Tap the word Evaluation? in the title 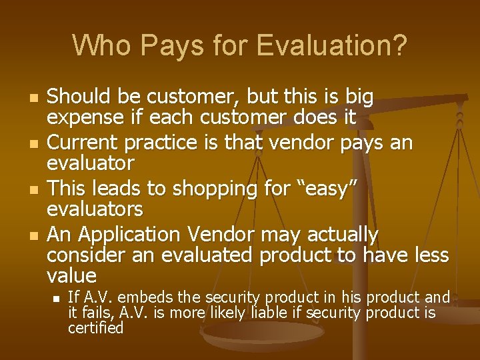tap(331, 45)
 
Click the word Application tap(131, 235)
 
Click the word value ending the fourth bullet tap(71, 275)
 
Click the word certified tap(96, 328)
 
